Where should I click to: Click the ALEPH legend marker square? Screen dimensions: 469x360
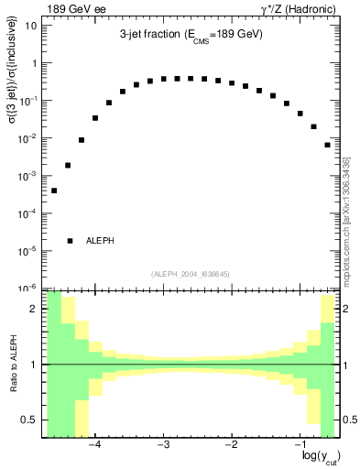70,241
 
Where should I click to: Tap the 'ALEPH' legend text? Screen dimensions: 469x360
100,241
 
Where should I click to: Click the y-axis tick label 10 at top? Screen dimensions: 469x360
29,26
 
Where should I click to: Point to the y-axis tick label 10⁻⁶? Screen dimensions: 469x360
27,288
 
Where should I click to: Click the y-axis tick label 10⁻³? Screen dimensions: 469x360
27,175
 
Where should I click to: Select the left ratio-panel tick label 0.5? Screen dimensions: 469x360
29,420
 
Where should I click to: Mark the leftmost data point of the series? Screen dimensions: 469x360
54,191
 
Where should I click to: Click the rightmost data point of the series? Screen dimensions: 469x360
327,145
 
